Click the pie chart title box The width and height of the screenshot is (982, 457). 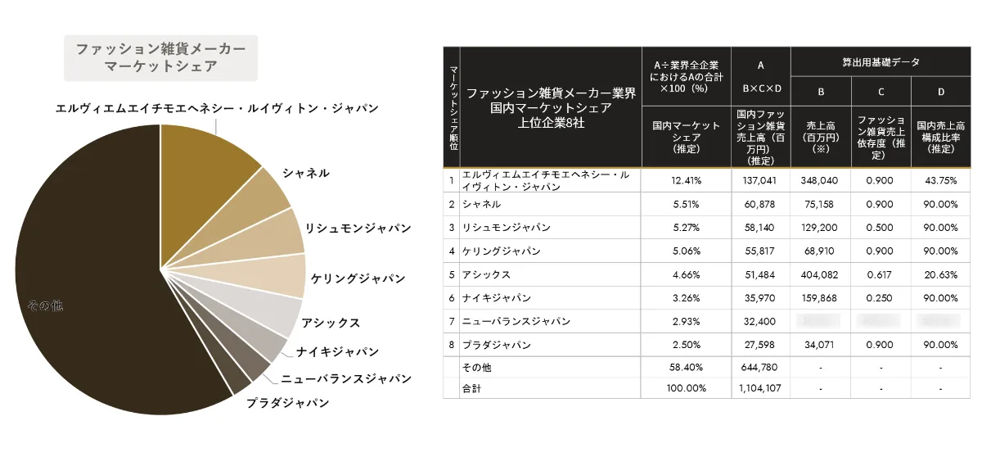pos(160,57)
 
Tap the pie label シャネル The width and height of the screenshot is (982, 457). pos(306,173)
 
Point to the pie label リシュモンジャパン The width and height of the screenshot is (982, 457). pos(358,227)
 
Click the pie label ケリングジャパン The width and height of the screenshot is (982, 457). pos(358,278)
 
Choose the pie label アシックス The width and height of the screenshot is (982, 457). pos(331,323)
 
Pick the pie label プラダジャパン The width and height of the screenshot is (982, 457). pos(288,402)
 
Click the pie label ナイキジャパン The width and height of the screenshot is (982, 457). pos(338,351)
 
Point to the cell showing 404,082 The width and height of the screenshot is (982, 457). pos(820,274)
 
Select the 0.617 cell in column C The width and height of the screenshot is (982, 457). pos(881,274)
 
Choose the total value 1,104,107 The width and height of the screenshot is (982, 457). pos(760,388)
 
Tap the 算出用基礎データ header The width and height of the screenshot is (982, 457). pos(881,61)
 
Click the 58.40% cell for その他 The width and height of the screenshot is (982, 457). pos(686,368)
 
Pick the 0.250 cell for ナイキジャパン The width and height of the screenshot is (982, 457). pos(881,298)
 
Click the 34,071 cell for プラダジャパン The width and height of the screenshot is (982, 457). pos(820,345)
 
